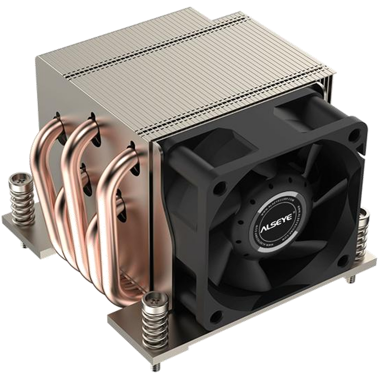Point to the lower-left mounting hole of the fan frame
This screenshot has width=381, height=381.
[216, 314]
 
